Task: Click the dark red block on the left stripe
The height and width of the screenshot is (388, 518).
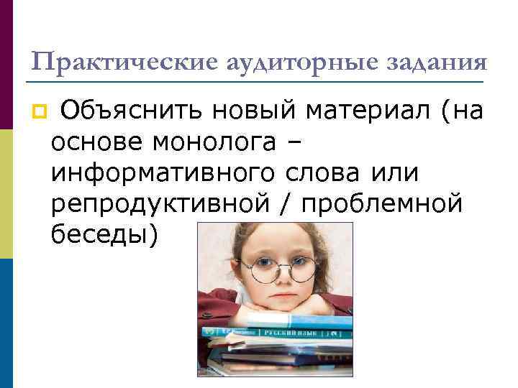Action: [x=6, y=65]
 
